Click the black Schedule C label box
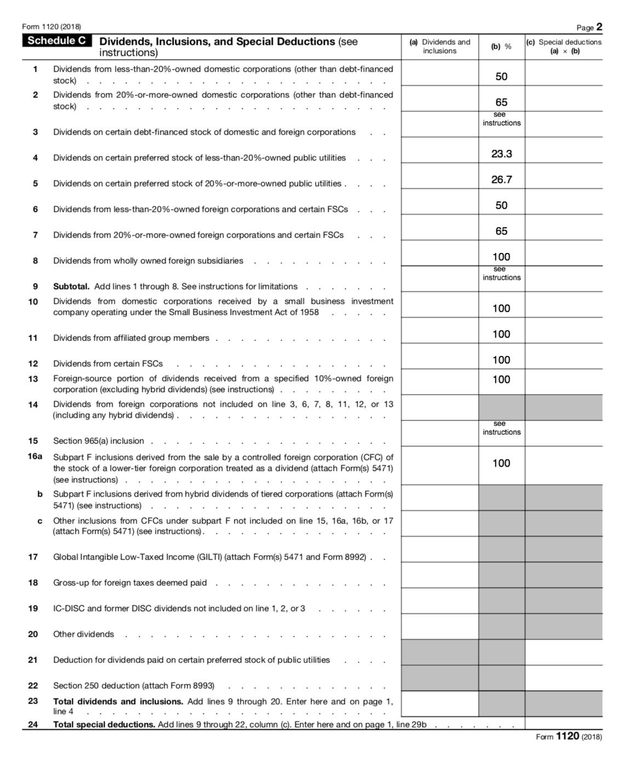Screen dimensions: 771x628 pyautogui.click(x=57, y=41)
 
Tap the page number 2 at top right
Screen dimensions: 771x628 pyautogui.click(x=600, y=27)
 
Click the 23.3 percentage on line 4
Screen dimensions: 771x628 pyautogui.click(x=501, y=154)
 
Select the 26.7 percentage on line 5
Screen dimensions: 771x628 pyautogui.click(x=501, y=180)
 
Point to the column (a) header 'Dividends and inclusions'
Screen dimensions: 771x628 pyautogui.click(x=440, y=47)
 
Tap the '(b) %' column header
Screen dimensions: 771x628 pyautogui.click(x=501, y=47)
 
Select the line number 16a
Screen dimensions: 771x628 pyautogui.click(x=35, y=456)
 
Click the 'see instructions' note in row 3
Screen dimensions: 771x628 pyautogui.click(x=501, y=119)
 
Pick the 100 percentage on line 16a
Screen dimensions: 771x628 pyautogui.click(x=501, y=463)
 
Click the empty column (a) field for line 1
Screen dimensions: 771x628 pyautogui.click(x=439, y=73)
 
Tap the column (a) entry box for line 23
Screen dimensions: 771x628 pyautogui.click(x=439, y=704)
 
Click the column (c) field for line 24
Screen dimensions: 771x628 pyautogui.click(x=563, y=723)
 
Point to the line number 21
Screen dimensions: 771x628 pyautogui.click(x=33, y=660)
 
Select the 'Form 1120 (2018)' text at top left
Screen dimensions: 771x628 pyautogui.click(x=52, y=27)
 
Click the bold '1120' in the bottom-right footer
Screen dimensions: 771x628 pyautogui.click(x=567, y=736)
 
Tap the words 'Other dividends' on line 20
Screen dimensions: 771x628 pyautogui.click(x=83, y=634)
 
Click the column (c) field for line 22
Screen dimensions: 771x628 pyautogui.click(x=563, y=678)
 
